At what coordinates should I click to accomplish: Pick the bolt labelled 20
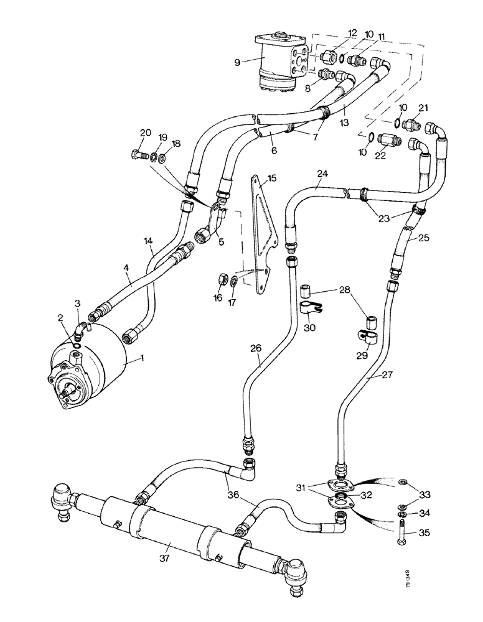[138, 155]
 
